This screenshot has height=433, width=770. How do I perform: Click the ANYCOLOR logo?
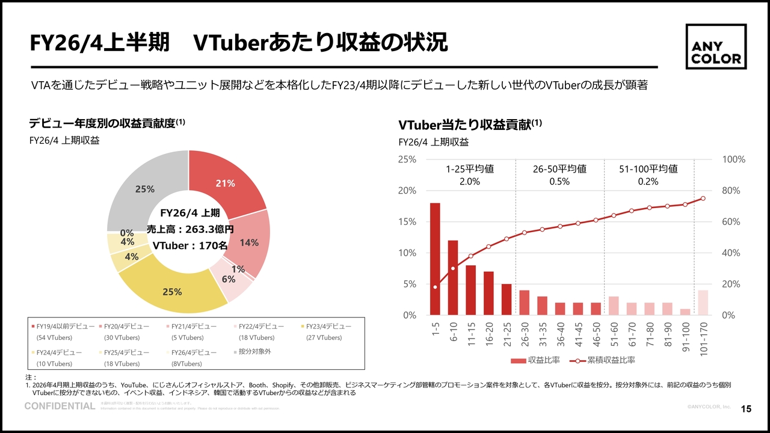(716, 46)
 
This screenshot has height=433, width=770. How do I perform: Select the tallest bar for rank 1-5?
(435, 259)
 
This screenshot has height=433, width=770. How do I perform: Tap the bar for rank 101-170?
(703, 302)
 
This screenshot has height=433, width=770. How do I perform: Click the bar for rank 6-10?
(453, 277)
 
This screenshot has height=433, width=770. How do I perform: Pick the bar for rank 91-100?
(685, 312)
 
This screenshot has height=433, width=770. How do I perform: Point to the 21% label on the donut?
(225, 183)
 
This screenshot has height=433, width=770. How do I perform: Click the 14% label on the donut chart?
(249, 242)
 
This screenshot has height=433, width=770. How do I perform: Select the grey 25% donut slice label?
(145, 189)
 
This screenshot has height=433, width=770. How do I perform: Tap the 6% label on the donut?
(228, 279)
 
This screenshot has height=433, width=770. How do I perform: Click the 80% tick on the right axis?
(733, 191)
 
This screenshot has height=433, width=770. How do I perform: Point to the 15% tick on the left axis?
(407, 222)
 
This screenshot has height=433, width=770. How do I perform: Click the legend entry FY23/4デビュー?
(328, 326)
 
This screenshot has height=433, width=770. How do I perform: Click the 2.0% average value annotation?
(469, 182)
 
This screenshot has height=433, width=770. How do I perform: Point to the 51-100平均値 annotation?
(648, 169)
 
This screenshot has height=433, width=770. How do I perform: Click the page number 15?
(746, 410)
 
